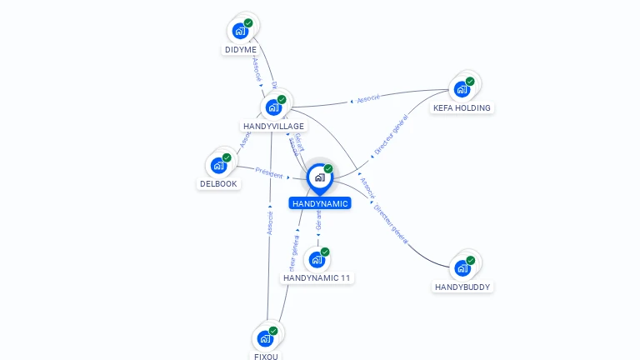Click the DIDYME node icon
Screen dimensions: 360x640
241,32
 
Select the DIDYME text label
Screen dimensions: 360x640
241,50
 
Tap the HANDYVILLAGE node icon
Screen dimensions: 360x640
273,107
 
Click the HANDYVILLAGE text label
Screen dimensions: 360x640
273,126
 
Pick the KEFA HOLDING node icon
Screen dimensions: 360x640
462,89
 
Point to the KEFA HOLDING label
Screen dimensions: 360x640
462,107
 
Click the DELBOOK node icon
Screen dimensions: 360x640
219,165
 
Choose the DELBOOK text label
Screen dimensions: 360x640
219,183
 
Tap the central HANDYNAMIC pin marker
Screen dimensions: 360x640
319,177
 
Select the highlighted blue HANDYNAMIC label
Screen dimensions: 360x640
320,203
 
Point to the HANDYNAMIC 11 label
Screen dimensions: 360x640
317,277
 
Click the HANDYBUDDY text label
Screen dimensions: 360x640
462,287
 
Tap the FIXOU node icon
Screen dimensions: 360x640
266,338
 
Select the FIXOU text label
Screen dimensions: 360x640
266,356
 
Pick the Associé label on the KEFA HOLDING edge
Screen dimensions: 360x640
367,98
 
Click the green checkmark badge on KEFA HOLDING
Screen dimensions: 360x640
470,82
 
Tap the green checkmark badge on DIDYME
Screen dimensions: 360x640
248,23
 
